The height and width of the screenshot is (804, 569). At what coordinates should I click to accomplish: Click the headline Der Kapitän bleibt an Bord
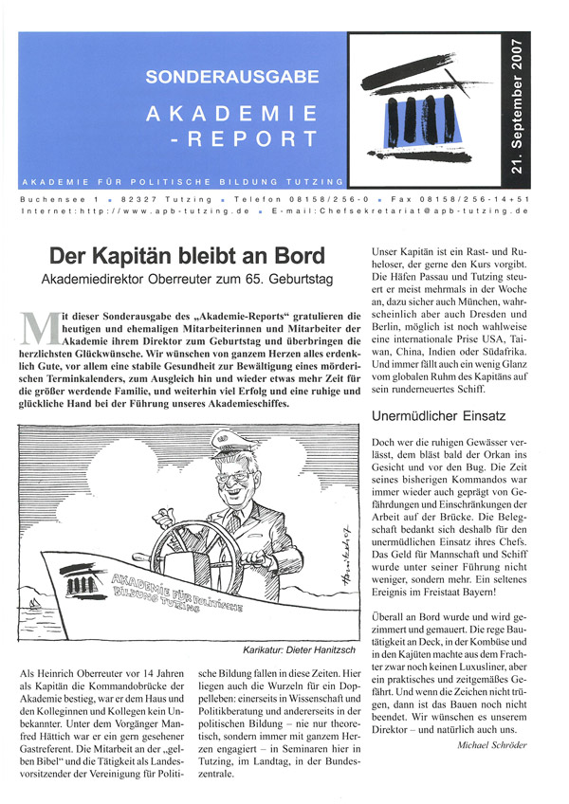(187, 255)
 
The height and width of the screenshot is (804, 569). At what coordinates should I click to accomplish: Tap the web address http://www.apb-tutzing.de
(159, 214)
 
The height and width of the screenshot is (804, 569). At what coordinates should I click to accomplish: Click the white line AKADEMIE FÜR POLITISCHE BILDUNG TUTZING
(183, 180)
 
